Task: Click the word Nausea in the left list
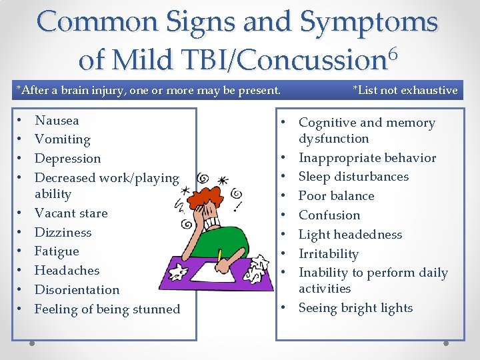tap(57, 121)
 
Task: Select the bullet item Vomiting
tap(62, 139)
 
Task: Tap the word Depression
tap(67, 159)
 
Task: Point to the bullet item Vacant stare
tap(71, 213)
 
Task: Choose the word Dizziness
tap(63, 233)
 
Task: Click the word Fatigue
tap(57, 251)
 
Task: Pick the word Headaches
tap(67, 271)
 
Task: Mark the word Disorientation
tap(77, 290)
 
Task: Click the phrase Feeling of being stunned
tap(107, 309)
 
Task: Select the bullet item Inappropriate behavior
tap(367, 158)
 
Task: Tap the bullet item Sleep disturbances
tap(353, 177)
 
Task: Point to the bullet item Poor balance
tap(336, 196)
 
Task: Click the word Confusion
tap(329, 215)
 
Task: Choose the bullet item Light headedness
tap(350, 235)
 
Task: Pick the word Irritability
tap(329, 254)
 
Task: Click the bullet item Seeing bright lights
tap(355, 308)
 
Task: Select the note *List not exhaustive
tap(405, 90)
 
